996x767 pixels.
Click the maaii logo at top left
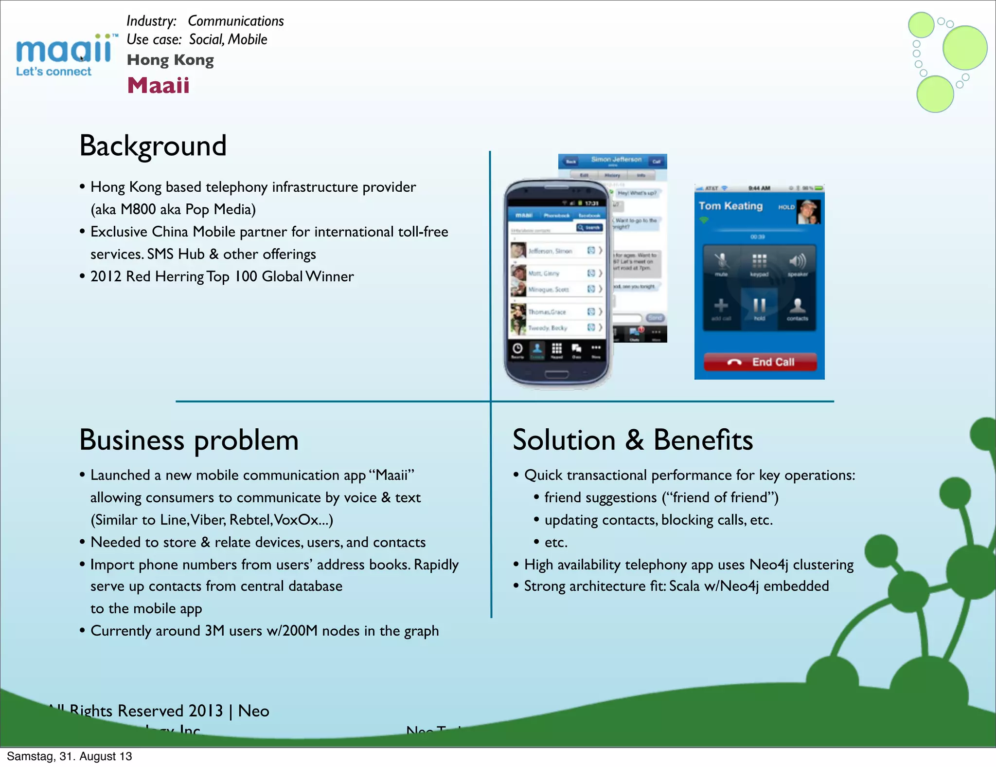point(63,54)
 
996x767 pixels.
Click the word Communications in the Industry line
point(235,21)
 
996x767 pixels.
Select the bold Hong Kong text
point(170,60)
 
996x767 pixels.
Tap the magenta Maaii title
point(158,86)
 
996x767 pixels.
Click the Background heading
point(153,146)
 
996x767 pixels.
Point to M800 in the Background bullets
point(138,209)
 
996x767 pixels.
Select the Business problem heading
point(189,440)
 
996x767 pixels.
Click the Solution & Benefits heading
point(633,440)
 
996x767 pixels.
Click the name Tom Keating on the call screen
point(730,206)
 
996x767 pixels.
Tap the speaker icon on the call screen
point(797,261)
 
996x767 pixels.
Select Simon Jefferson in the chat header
point(616,160)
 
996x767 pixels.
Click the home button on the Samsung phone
point(556,374)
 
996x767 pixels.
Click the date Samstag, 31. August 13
point(69,756)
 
